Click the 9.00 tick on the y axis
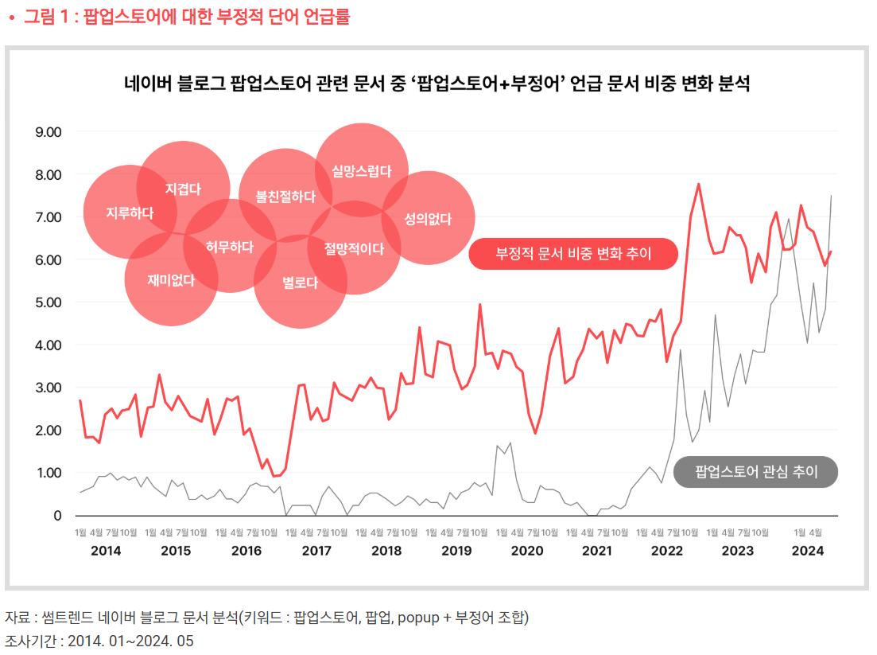click(49, 132)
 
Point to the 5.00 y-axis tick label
click(49, 302)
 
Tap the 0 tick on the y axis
click(57, 516)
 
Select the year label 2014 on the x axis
click(107, 550)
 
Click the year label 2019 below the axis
click(456, 550)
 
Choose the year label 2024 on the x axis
click(807, 550)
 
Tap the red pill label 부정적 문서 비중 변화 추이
click(573, 254)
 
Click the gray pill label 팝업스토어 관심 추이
click(756, 472)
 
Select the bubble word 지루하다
click(130, 212)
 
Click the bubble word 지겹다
click(183, 189)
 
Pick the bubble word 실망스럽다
click(362, 171)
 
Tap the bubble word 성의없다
click(428, 218)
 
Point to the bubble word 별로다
click(301, 282)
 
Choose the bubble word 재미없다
click(171, 279)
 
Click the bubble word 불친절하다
click(285, 196)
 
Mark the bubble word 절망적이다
click(354, 248)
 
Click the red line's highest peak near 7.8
click(698, 184)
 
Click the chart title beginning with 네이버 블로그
click(437, 84)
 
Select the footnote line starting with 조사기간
click(99, 641)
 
